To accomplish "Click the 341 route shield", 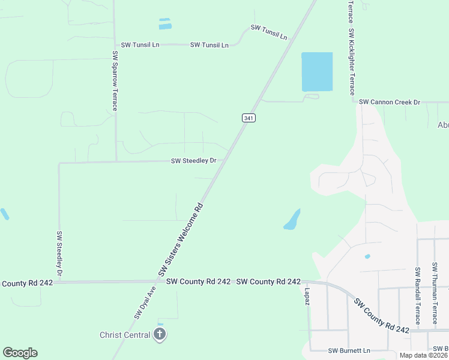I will [x=249, y=118].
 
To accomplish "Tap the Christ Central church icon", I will [x=159, y=335].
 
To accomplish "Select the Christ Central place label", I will [x=125, y=335].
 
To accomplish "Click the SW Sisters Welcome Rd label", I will [x=181, y=239].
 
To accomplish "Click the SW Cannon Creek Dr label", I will [x=390, y=103].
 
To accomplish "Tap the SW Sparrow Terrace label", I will [x=114, y=80].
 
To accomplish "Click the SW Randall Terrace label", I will [x=417, y=296].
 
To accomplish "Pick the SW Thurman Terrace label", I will [x=435, y=294].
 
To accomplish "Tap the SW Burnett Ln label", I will [x=349, y=350].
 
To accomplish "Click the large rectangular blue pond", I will [x=316, y=72].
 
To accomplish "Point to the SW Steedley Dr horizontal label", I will [x=197, y=161].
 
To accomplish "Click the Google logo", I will [x=20, y=353].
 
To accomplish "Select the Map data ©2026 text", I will [x=423, y=355].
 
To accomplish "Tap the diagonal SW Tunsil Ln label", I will [x=269, y=32].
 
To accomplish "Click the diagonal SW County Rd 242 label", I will [x=381, y=316].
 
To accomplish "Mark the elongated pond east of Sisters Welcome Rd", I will [x=292, y=220].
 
